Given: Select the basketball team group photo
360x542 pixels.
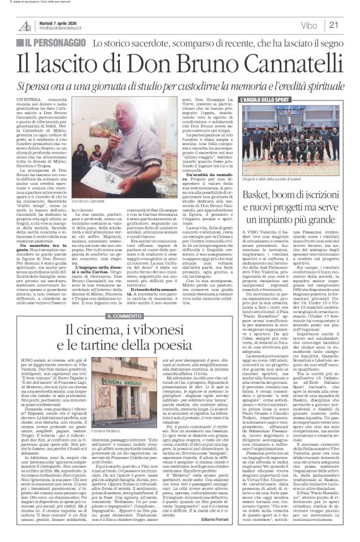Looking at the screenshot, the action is coord(287,133).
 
